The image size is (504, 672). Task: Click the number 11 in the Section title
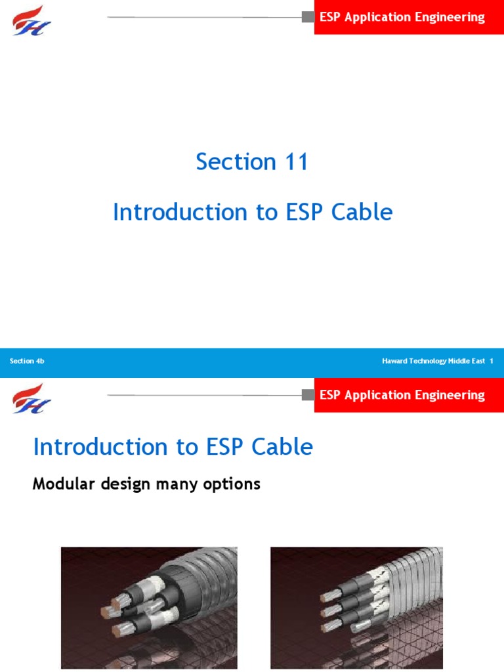(x=293, y=162)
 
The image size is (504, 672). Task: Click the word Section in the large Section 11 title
(x=236, y=162)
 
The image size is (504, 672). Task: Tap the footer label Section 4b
(x=27, y=362)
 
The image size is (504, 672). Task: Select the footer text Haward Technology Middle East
(x=432, y=362)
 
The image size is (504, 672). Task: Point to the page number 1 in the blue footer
(x=491, y=362)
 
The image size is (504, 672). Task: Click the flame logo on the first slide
(x=31, y=20)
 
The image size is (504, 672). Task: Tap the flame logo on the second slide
(x=31, y=398)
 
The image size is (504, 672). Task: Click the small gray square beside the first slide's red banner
(x=308, y=17)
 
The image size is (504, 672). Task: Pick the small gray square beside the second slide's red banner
(x=308, y=395)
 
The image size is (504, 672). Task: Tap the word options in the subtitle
(x=234, y=485)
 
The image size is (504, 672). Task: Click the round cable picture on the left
(x=149, y=608)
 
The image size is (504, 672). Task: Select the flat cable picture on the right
(x=356, y=608)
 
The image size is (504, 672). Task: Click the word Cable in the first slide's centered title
(x=363, y=213)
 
